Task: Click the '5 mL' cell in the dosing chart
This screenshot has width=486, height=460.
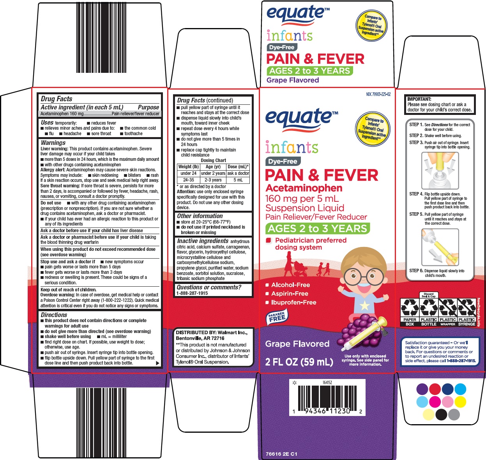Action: (x=238, y=180)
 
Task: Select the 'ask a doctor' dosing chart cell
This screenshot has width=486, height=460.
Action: (x=238, y=173)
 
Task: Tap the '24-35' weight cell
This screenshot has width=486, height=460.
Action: (x=188, y=180)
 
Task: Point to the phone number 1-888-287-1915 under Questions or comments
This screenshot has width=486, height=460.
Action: (x=192, y=293)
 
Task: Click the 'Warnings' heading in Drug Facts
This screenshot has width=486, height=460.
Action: (x=53, y=143)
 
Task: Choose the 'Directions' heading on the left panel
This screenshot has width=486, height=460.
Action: (x=54, y=315)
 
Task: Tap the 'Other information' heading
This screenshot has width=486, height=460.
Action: (x=200, y=216)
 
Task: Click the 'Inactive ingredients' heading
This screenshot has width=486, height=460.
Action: (x=203, y=241)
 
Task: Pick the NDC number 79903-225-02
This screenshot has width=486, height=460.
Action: (x=378, y=94)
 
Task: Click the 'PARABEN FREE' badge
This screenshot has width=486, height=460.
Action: (x=277, y=317)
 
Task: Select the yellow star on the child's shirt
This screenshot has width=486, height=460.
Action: (x=365, y=306)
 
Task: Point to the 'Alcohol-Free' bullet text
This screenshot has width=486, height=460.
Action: (x=290, y=285)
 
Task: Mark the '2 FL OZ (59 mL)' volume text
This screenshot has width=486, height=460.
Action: (x=299, y=362)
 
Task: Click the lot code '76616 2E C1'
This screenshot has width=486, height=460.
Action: (x=281, y=454)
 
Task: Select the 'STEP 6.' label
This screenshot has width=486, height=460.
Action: (x=416, y=271)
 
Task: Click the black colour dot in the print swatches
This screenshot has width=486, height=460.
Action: (x=441, y=414)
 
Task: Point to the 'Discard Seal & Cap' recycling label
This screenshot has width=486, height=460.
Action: (x=428, y=295)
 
